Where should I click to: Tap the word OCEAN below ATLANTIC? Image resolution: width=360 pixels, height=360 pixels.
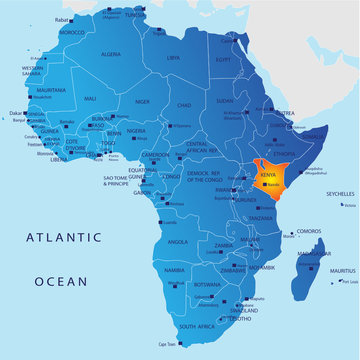point(61,283)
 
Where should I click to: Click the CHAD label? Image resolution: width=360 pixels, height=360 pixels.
point(184,104)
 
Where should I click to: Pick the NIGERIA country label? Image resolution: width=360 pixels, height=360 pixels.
point(136,131)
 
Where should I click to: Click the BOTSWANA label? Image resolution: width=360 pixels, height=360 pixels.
point(208,284)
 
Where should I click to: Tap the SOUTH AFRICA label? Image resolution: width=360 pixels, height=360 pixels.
point(200,326)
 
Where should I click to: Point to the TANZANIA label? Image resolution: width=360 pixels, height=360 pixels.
point(262,218)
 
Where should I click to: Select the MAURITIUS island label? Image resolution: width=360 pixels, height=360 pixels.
point(342,271)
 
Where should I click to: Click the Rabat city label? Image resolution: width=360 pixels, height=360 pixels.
point(63,18)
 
